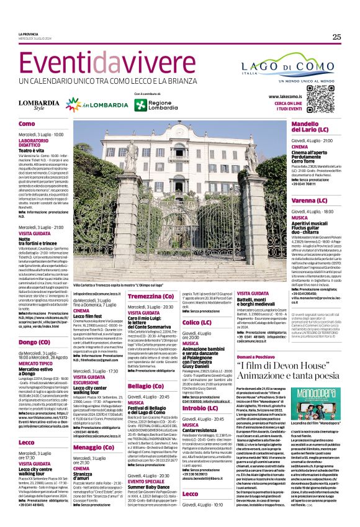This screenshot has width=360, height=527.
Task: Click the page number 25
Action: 336,37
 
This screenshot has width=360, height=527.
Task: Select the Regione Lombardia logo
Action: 148,105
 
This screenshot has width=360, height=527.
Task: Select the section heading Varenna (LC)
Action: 292,201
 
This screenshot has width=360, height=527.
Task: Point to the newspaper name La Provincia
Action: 29,34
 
